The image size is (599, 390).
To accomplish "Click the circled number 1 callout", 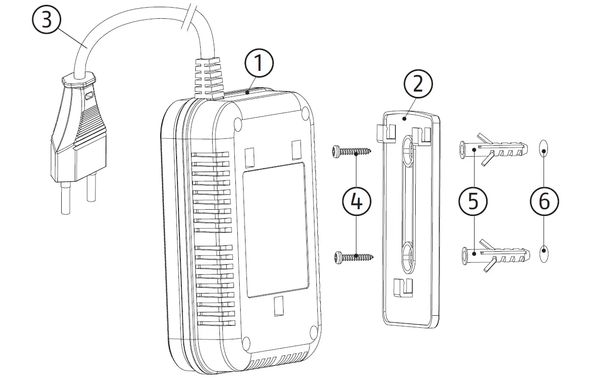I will [x=259, y=64].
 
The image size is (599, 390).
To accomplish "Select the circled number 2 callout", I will [x=418, y=85].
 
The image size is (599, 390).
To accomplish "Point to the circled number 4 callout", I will [x=356, y=202].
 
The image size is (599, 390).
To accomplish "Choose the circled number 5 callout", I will [x=473, y=201].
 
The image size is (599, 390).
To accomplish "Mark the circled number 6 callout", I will [x=544, y=201].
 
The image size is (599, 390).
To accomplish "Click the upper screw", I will [x=352, y=152].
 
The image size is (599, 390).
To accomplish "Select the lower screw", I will [x=352, y=257].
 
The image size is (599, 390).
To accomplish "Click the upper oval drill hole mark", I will [x=544, y=149].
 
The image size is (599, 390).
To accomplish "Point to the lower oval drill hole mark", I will [x=544, y=254].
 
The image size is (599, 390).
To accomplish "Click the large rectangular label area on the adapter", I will [x=275, y=229].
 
